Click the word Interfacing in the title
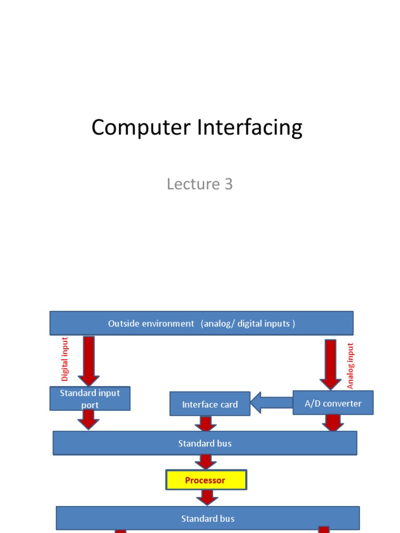[x=245, y=128]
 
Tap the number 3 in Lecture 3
[x=228, y=184]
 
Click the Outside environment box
[x=202, y=323]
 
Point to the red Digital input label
[x=65, y=359]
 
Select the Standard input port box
[x=90, y=399]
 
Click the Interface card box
[x=210, y=404]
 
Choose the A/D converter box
[x=333, y=403]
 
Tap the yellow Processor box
[x=206, y=480]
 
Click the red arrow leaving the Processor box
[x=207, y=498]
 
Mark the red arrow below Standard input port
[x=89, y=420]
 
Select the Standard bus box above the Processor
[x=205, y=443]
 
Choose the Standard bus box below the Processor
[x=207, y=518]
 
